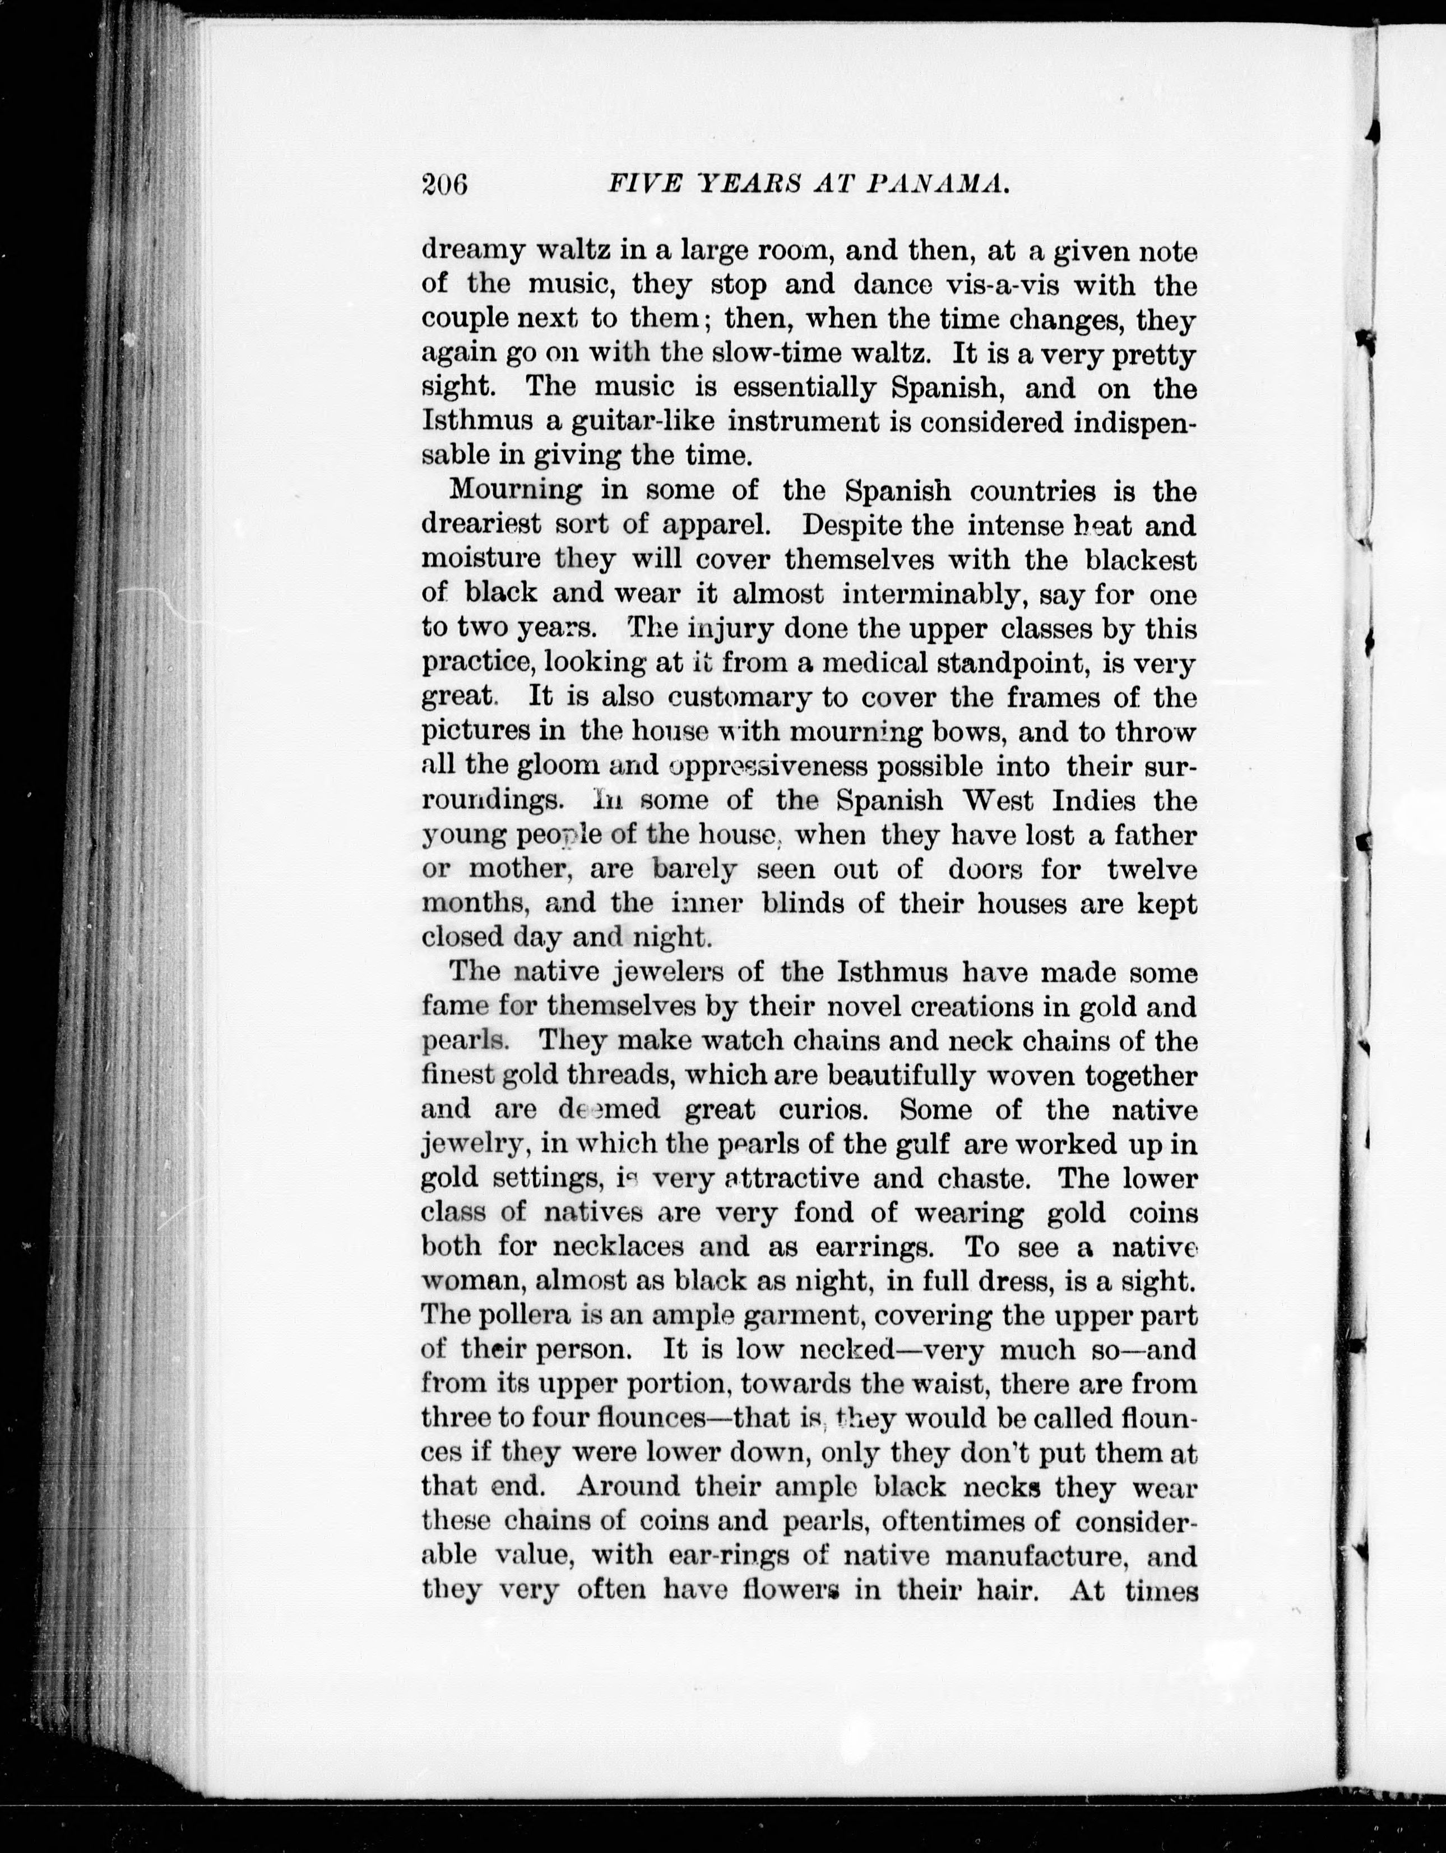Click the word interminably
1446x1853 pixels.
pyautogui.click(x=935, y=594)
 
